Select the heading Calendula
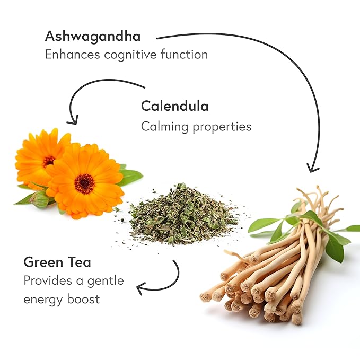point(174,106)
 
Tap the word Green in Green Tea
point(43,262)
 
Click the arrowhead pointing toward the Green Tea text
point(141,289)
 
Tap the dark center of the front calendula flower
point(84,183)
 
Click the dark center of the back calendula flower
point(49,160)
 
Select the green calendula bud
point(38,200)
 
